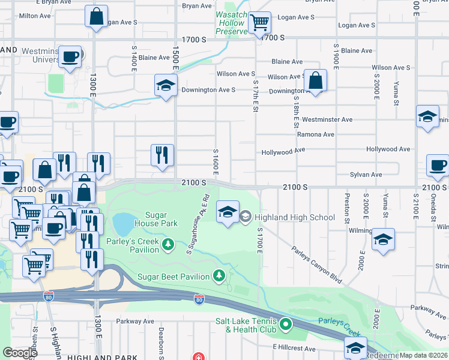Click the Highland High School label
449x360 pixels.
pyautogui.click(x=295, y=217)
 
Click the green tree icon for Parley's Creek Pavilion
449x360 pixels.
pyautogui.click(x=169, y=244)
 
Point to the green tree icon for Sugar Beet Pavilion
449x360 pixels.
pyautogui.click(x=220, y=276)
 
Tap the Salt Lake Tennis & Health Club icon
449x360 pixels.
pyautogui.click(x=286, y=325)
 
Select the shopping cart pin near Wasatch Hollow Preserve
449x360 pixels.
pyautogui.click(x=259, y=23)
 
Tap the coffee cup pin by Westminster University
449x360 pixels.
pyautogui.click(x=70, y=57)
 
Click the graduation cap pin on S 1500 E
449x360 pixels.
pyautogui.click(x=165, y=86)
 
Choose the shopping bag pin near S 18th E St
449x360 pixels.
pyautogui.click(x=315, y=81)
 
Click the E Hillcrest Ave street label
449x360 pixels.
pyautogui.click(x=294, y=349)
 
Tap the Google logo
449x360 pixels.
pyautogui.click(x=20, y=353)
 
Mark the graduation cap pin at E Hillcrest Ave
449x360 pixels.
pyautogui.click(x=355, y=348)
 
